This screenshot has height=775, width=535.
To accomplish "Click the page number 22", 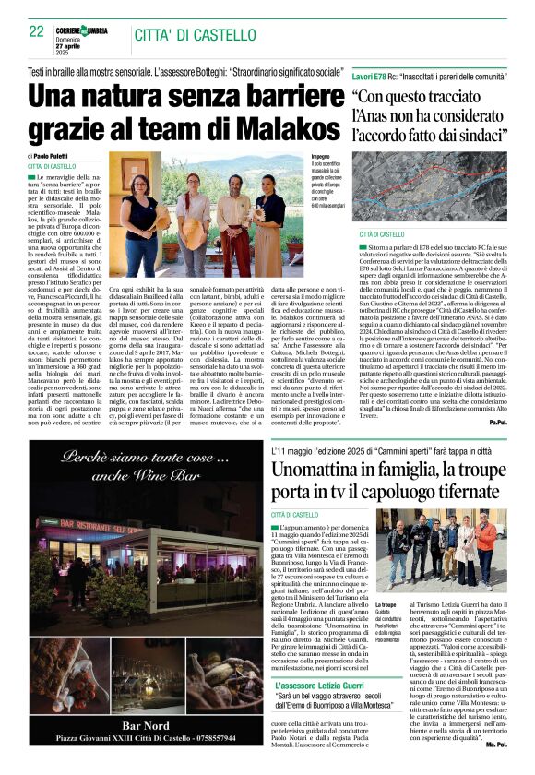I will click(38, 31).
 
